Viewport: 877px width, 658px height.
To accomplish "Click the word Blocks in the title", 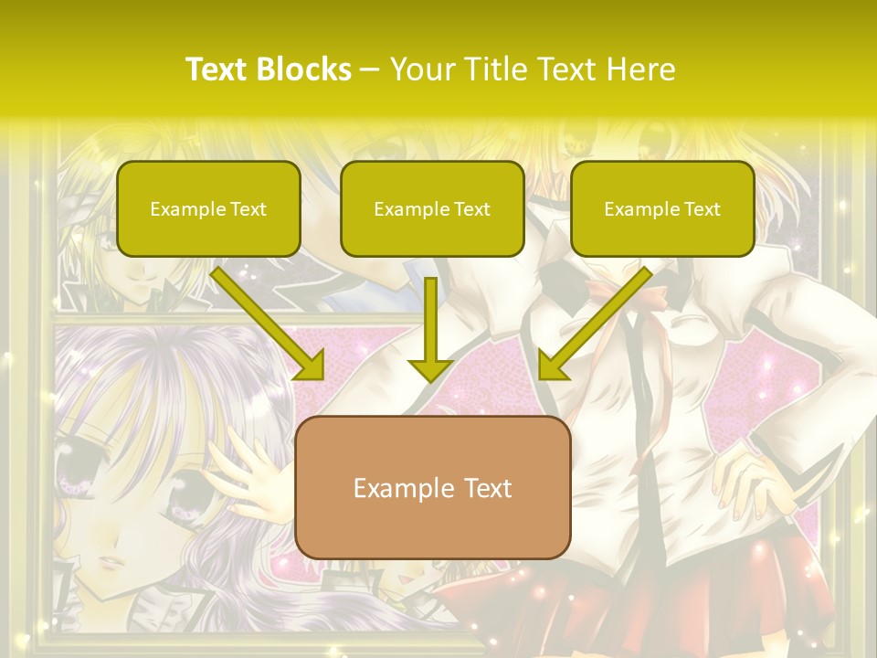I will click(x=304, y=69).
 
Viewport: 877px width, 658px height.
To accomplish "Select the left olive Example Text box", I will click(x=208, y=209).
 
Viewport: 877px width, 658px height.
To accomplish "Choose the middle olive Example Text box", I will click(x=432, y=209).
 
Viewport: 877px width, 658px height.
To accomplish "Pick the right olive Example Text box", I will click(x=662, y=209).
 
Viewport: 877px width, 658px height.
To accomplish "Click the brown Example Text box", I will click(x=433, y=487).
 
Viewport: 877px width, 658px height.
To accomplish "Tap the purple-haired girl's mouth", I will click(x=108, y=560).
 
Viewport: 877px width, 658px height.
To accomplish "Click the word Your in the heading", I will click(x=422, y=69).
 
